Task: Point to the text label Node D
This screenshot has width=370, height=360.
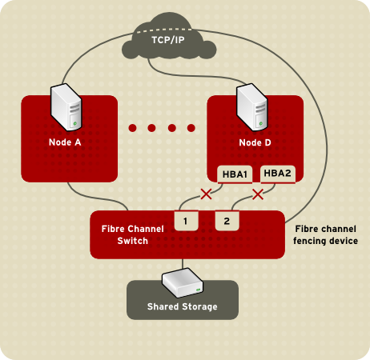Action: pyautogui.click(x=255, y=143)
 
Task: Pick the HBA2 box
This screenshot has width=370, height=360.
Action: pyautogui.click(x=278, y=173)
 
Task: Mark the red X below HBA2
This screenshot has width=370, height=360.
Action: pyautogui.click(x=258, y=194)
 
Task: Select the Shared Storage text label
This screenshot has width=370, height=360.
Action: pyautogui.click(x=183, y=306)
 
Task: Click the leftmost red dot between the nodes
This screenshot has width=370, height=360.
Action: pyautogui.click(x=133, y=127)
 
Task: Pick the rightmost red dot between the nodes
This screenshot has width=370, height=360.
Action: pyautogui.click(x=191, y=127)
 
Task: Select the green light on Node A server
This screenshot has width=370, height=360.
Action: pyautogui.click(x=74, y=124)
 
